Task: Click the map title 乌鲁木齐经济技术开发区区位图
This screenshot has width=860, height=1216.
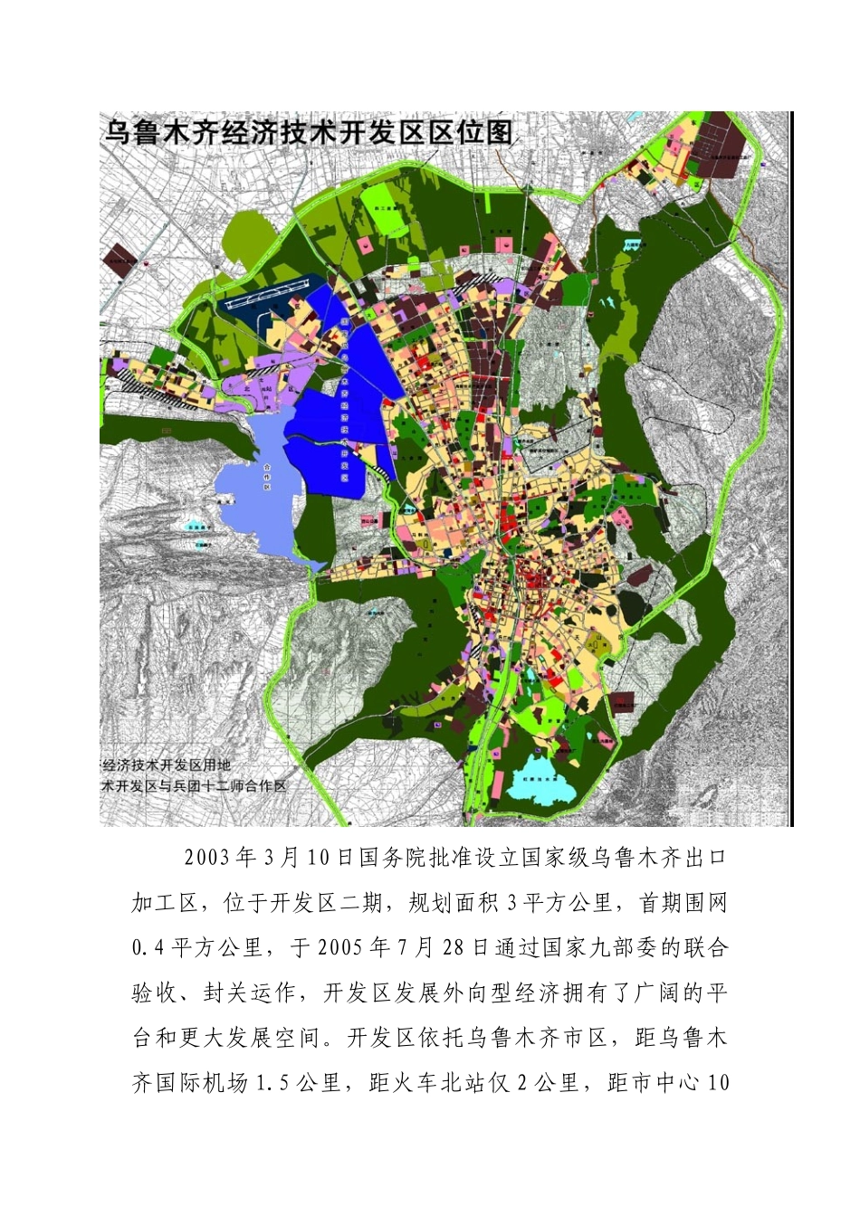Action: pyautogui.click(x=308, y=133)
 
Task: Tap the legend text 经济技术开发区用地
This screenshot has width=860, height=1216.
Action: pyautogui.click(x=167, y=765)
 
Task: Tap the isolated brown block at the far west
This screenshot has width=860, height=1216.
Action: pyautogui.click(x=119, y=258)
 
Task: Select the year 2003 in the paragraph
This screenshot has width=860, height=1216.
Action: pyautogui.click(x=207, y=858)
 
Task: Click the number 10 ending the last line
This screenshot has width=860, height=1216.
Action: pyautogui.click(x=718, y=1082)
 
